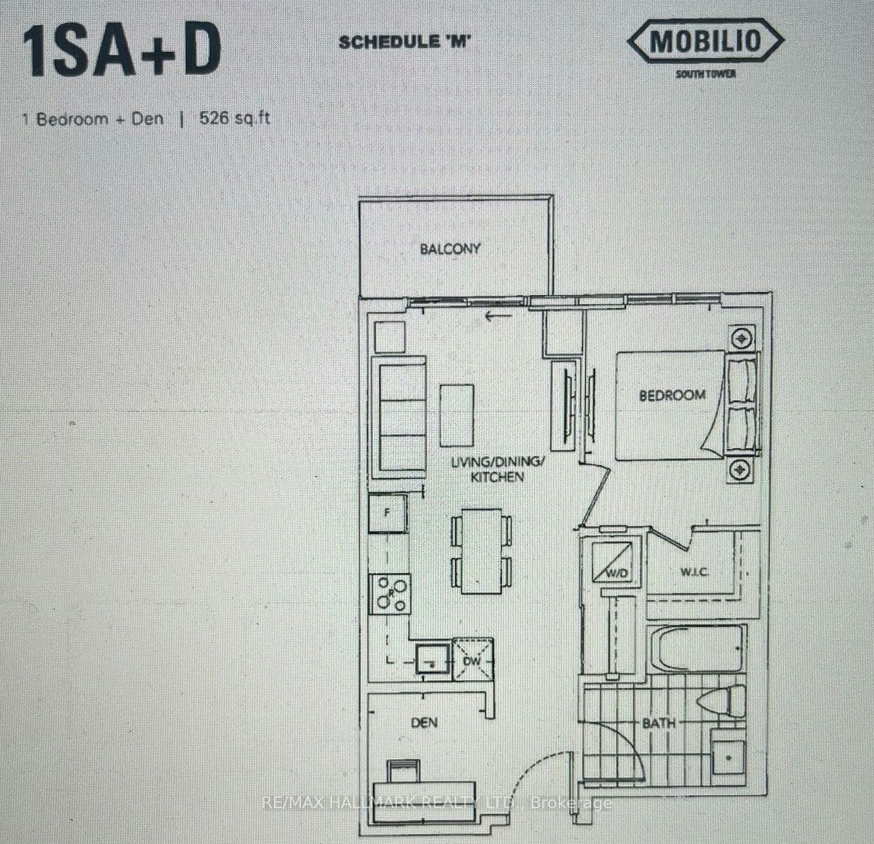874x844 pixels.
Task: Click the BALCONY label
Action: coord(450,249)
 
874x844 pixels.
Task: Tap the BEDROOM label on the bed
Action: coord(672,395)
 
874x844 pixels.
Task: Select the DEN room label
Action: coord(424,723)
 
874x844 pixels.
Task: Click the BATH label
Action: coord(659,723)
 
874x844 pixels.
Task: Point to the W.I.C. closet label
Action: coord(694,572)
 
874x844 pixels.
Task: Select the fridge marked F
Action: coord(388,513)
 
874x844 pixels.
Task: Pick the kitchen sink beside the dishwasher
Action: coord(432,659)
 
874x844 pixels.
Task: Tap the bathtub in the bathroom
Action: coord(696,649)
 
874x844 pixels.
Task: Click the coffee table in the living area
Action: coord(457,416)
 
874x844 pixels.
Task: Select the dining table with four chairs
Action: coord(482,551)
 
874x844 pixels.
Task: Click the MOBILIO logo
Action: coord(706,42)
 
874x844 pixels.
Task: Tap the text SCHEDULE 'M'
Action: coord(404,42)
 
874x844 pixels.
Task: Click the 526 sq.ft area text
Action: coord(234,119)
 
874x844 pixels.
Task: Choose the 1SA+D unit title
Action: coord(121,48)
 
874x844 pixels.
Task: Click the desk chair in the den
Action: coord(403,772)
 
